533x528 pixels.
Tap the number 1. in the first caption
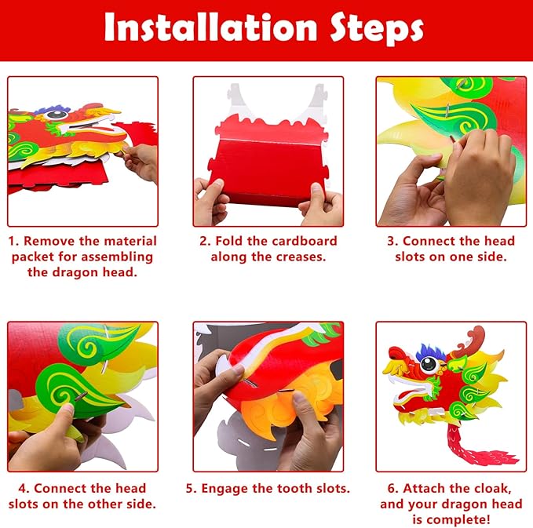point(15,241)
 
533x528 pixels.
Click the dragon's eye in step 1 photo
point(56,115)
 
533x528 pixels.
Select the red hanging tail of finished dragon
point(469,447)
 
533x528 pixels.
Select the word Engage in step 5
point(228,488)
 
